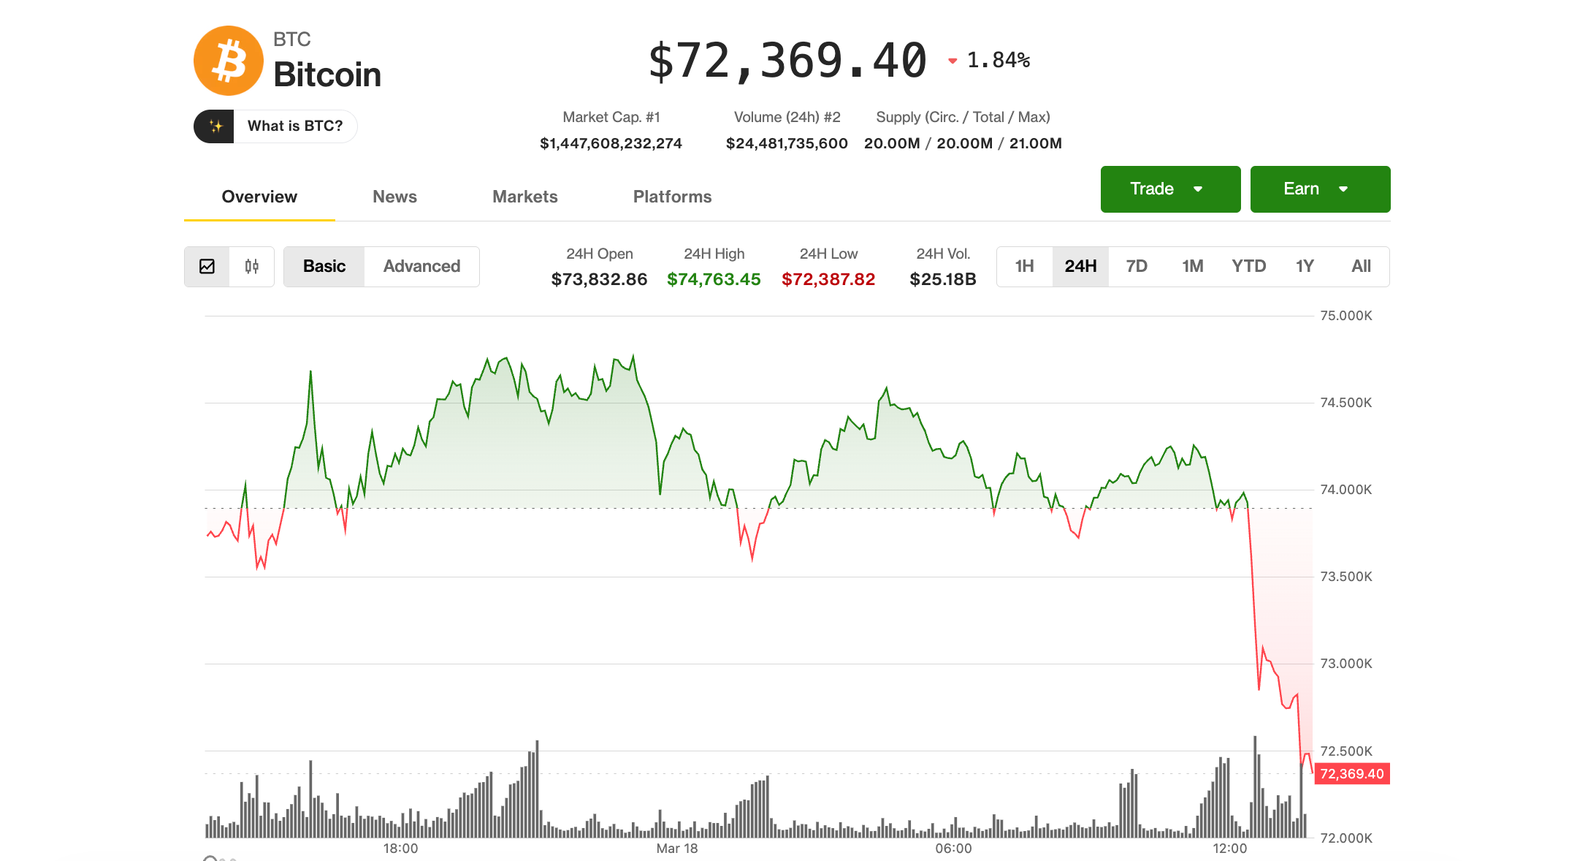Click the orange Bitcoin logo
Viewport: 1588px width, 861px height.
[x=228, y=61]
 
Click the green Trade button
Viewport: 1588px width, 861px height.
[x=1169, y=189]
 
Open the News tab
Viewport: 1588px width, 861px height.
[x=394, y=197]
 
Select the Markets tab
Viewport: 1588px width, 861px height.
[x=524, y=197]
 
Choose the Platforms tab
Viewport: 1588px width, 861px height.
[x=672, y=197]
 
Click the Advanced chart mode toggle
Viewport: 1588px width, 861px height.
[x=421, y=267]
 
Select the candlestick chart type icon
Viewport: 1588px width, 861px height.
[x=251, y=267]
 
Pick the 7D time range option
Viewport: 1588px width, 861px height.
[x=1136, y=267]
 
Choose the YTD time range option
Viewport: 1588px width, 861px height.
[x=1248, y=267]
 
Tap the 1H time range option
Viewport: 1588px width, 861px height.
[x=1024, y=267]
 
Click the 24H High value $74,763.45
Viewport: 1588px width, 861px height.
[x=714, y=279]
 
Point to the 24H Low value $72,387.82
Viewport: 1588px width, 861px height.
[x=828, y=279]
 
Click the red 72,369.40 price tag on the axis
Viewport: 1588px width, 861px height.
[x=1351, y=774]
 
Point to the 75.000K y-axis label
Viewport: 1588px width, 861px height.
[x=1345, y=316]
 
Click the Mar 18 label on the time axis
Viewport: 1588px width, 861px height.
[x=676, y=849]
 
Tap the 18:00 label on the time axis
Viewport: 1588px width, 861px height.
[x=400, y=849]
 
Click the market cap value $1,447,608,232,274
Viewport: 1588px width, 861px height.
[x=611, y=144]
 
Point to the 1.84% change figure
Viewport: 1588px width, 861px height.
[x=998, y=61]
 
